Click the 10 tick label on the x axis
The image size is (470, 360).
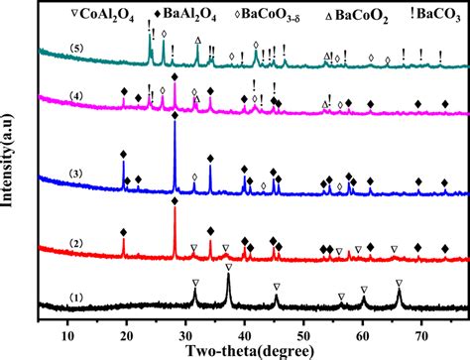point(67,323)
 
